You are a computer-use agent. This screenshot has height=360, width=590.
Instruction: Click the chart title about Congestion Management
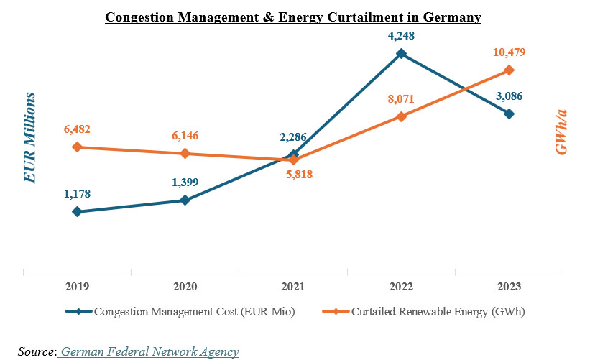coord(293,17)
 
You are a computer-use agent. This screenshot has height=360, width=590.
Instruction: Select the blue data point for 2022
coord(401,53)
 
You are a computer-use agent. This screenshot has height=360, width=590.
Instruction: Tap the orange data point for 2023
coord(509,70)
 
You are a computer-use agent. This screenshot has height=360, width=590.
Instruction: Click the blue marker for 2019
coord(77,212)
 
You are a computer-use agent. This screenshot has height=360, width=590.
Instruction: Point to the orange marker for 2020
coord(185,154)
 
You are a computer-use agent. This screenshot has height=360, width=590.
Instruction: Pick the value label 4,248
coord(401,34)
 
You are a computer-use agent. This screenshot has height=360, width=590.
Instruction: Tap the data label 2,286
coord(292,137)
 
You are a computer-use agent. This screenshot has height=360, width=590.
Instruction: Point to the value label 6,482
coord(77,129)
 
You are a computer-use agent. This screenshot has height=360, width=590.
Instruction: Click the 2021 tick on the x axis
coord(292,286)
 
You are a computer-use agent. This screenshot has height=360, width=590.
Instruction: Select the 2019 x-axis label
coord(77,286)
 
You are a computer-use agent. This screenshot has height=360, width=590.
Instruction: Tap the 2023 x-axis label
coord(509,286)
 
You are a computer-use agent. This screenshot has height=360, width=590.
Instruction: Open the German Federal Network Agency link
coord(149,351)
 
